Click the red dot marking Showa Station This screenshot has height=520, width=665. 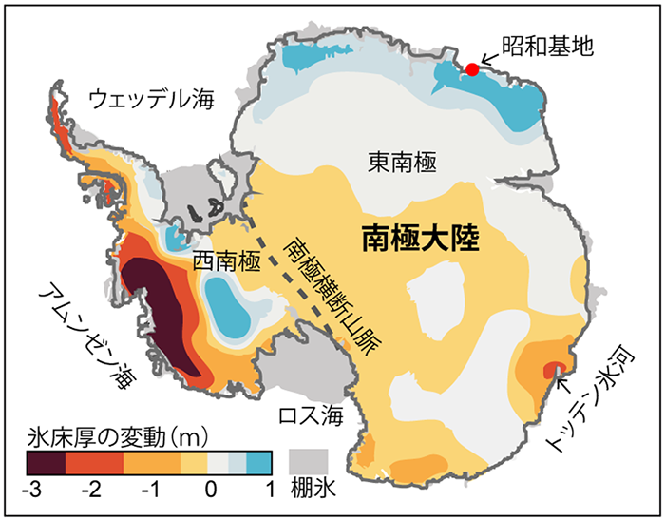point(472,68)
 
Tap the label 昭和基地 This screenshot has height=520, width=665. point(549,45)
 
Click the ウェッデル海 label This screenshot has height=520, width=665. point(153,97)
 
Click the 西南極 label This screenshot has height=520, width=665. point(226,259)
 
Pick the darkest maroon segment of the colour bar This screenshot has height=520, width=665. point(46,463)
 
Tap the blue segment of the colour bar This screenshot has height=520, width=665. point(259,463)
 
